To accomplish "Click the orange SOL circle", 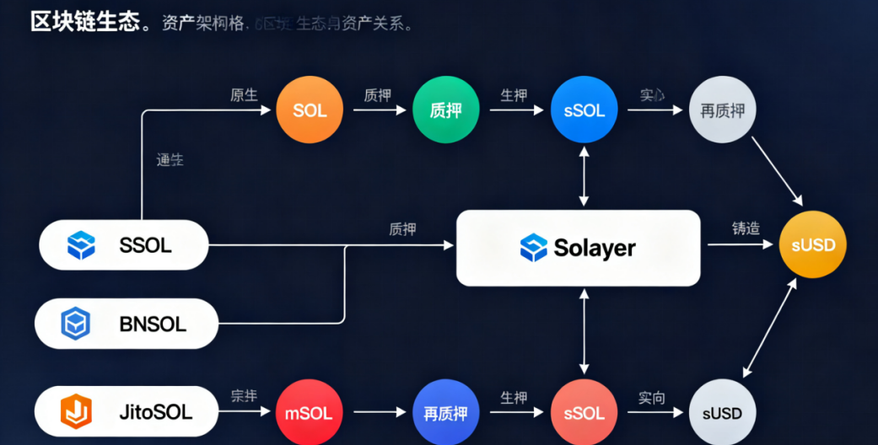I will coord(310,110).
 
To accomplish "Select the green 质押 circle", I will coord(445,110).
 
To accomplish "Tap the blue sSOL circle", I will coord(584,110).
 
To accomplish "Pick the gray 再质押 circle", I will coord(723,110).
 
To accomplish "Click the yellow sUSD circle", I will coord(812,245).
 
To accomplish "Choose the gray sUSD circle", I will coord(722,413).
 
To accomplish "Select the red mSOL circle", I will coord(310,413).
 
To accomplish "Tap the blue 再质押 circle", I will coord(445,413).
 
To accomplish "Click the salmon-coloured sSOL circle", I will coord(584,413).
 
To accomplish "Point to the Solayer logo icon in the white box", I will coord(534,248).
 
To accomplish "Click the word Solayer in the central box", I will coord(595,248).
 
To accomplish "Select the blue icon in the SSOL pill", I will coord(81,245).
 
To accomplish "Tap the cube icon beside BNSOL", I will coord(75,324).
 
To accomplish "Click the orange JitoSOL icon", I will coord(75,412).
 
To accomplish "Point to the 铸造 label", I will coord(746,228).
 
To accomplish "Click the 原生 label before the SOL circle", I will coord(244,95).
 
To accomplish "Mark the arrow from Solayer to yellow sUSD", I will coord(740,245).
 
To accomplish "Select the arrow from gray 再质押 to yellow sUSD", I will coord(776,172).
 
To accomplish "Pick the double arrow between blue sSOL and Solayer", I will coord(584,177).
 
